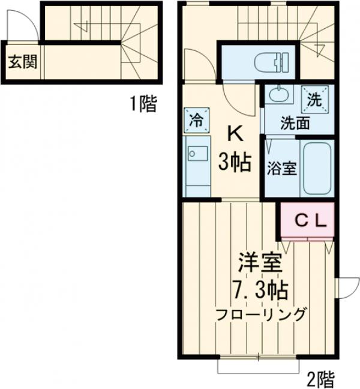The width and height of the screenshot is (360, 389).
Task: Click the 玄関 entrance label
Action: click(x=22, y=61)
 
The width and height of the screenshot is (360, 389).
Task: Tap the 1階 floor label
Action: click(x=143, y=104)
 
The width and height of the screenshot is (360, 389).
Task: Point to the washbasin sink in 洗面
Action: click(x=278, y=95)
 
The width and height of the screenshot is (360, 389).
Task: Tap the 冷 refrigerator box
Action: click(x=196, y=118)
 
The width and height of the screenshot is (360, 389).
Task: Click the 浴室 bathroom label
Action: click(x=281, y=168)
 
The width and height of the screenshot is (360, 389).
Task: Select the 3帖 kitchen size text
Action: click(x=235, y=163)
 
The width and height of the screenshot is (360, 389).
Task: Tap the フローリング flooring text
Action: click(x=262, y=314)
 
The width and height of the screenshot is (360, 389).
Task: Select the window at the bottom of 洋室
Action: click(x=257, y=366)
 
